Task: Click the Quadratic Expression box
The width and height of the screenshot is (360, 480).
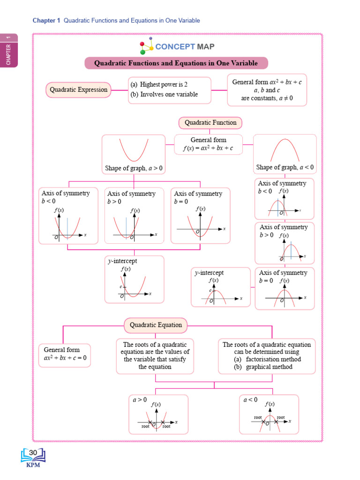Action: point(78,90)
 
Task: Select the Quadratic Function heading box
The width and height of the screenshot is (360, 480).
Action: point(210,123)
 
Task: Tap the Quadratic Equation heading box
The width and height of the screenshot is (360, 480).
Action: point(156,325)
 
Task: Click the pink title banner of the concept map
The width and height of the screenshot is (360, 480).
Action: point(177,63)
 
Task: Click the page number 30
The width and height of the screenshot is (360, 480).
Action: point(33,452)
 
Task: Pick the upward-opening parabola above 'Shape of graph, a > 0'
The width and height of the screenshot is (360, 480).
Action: point(133,150)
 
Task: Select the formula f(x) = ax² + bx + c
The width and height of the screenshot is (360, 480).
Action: point(208,149)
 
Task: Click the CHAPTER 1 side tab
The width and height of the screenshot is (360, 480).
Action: point(9,50)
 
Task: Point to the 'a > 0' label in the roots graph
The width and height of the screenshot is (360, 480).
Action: point(140,400)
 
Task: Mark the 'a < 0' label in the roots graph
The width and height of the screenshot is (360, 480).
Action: point(250,400)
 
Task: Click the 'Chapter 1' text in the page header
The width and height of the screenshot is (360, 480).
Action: point(46,21)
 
